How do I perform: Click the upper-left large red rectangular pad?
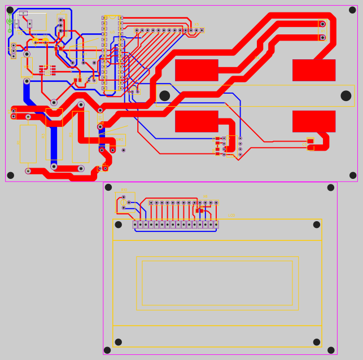(196, 70)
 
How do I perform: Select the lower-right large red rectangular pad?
(314, 121)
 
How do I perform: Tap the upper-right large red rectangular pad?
(314, 70)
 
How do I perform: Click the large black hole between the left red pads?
(165, 96)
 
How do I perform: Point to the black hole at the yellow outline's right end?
(346, 96)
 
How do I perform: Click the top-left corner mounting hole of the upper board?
(10, 10)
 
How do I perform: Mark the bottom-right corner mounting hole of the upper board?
(353, 175)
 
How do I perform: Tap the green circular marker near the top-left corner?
(10, 21)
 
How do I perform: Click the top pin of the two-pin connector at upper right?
(322, 24)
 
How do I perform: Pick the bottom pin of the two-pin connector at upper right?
(322, 38)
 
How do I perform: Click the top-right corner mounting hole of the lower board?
(331, 187)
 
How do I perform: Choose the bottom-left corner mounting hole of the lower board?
(107, 350)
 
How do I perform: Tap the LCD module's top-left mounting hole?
(119, 225)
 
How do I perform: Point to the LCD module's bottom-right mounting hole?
(317, 342)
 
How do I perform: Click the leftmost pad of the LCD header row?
(135, 225)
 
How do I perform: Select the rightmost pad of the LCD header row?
(216, 225)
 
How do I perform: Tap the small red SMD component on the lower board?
(199, 210)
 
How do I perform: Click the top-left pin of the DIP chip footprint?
(104, 18)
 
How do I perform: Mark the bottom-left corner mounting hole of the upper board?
(10, 175)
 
